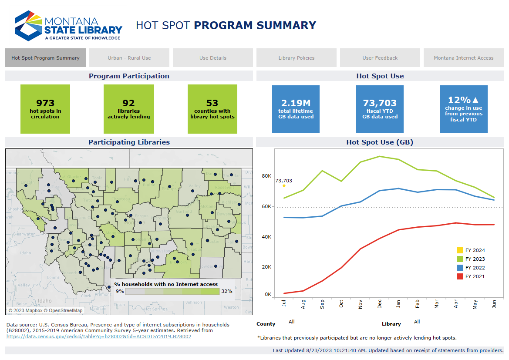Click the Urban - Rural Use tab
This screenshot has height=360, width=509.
(129, 58)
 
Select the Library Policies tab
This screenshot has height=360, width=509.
(296, 58)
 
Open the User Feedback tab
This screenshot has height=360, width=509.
(380, 58)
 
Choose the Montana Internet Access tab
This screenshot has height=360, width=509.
(463, 58)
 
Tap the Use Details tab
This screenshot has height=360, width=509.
(212, 58)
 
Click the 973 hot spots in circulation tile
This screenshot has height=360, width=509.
(45, 109)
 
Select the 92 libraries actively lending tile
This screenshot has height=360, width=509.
(128, 109)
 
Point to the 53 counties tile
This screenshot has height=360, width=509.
(212, 109)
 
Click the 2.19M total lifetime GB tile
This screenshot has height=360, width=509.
(296, 109)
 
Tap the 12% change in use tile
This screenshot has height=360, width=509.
(463, 109)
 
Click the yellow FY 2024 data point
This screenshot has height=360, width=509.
(284, 186)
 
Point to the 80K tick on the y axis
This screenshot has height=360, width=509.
(266, 176)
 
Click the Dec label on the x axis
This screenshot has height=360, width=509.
(379, 305)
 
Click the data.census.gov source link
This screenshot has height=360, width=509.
(99, 336)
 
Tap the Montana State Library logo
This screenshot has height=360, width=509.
(68, 26)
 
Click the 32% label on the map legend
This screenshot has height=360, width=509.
(226, 291)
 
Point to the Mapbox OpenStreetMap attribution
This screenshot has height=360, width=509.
(45, 310)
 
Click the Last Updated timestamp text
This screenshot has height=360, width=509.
(388, 350)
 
